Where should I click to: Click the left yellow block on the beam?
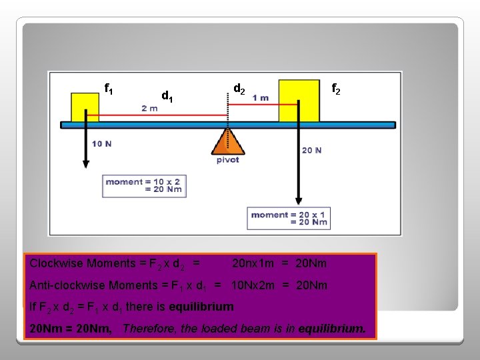tap(85, 107)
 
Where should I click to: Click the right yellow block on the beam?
tap(299, 101)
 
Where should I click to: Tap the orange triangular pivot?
tap(227, 142)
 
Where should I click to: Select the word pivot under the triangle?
tap(228, 160)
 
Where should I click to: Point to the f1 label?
tap(109, 88)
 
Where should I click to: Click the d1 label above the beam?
tap(167, 97)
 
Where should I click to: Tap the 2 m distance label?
tap(149, 108)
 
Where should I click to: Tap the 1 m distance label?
tap(261, 98)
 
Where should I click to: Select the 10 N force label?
tap(101, 143)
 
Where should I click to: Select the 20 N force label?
tap(311, 150)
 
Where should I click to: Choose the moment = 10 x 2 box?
tap(143, 185)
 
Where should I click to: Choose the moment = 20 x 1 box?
tap(289, 218)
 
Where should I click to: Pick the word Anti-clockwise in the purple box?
tap(65, 285)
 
